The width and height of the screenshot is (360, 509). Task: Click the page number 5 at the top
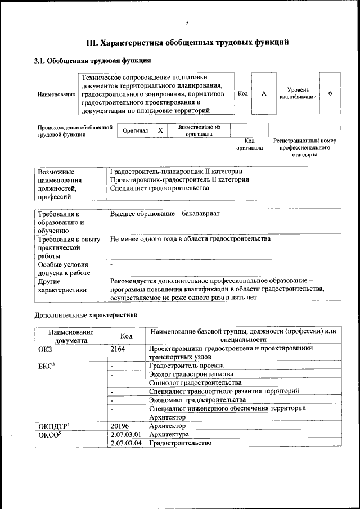click(187, 23)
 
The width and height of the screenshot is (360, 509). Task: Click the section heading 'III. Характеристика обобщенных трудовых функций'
click(187, 42)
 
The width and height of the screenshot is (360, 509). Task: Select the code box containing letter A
click(263, 93)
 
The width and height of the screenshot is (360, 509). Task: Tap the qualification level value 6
click(330, 93)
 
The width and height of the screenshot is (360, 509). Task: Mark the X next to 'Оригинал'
click(160, 130)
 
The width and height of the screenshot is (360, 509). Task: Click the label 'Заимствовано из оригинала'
click(199, 130)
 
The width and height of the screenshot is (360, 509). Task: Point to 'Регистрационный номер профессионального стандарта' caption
click(304, 147)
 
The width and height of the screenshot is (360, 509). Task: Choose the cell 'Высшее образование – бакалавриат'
click(165, 214)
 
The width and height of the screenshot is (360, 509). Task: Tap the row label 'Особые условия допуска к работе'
click(62, 268)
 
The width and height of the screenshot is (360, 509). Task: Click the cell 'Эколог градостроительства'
click(191, 374)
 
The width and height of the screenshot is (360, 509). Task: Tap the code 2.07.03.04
click(125, 443)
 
